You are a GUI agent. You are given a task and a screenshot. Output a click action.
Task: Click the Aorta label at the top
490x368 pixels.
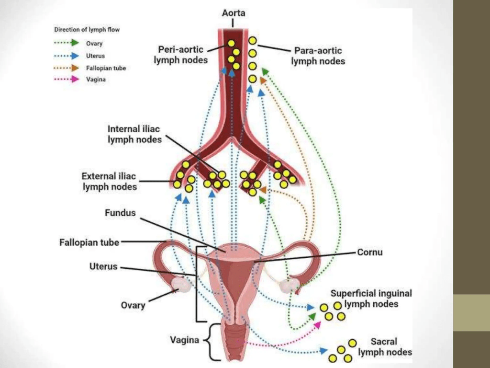[234, 13]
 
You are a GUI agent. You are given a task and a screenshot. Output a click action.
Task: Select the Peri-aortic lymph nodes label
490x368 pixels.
[180, 55]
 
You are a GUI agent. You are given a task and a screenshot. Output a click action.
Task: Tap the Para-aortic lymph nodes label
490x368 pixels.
[318, 56]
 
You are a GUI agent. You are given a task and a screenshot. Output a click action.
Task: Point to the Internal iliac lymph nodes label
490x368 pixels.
[134, 134]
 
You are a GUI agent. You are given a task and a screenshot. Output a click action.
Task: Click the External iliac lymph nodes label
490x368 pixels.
[110, 181]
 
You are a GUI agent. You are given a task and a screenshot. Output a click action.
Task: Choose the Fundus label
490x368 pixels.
[120, 213]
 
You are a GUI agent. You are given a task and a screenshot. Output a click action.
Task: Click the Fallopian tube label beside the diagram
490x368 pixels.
[89, 242]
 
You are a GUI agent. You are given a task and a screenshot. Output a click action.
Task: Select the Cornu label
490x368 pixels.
[370, 252]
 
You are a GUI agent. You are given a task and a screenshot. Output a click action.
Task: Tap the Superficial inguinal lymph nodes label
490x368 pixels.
[371, 299]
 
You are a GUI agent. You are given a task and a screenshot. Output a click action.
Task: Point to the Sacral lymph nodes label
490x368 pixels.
[385, 347]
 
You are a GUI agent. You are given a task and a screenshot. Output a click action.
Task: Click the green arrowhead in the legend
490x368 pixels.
[75, 43]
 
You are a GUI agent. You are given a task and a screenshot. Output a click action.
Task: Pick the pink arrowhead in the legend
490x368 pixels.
[75, 79]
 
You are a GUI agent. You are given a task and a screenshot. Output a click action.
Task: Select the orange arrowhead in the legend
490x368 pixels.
[75, 68]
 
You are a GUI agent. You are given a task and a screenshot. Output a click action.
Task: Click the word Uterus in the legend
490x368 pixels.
[95, 56]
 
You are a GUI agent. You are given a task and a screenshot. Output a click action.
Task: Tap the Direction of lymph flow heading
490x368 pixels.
[87, 30]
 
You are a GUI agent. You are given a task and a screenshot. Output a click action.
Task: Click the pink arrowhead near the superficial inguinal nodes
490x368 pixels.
[317, 325]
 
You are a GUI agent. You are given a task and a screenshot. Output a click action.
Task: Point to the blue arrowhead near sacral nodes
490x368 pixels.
[323, 350]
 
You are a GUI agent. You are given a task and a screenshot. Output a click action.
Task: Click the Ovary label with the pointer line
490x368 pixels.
[133, 305]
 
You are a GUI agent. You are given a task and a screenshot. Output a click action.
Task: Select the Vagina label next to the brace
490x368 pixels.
[184, 340]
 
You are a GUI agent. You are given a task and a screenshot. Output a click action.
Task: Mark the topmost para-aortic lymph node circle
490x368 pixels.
[253, 41]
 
